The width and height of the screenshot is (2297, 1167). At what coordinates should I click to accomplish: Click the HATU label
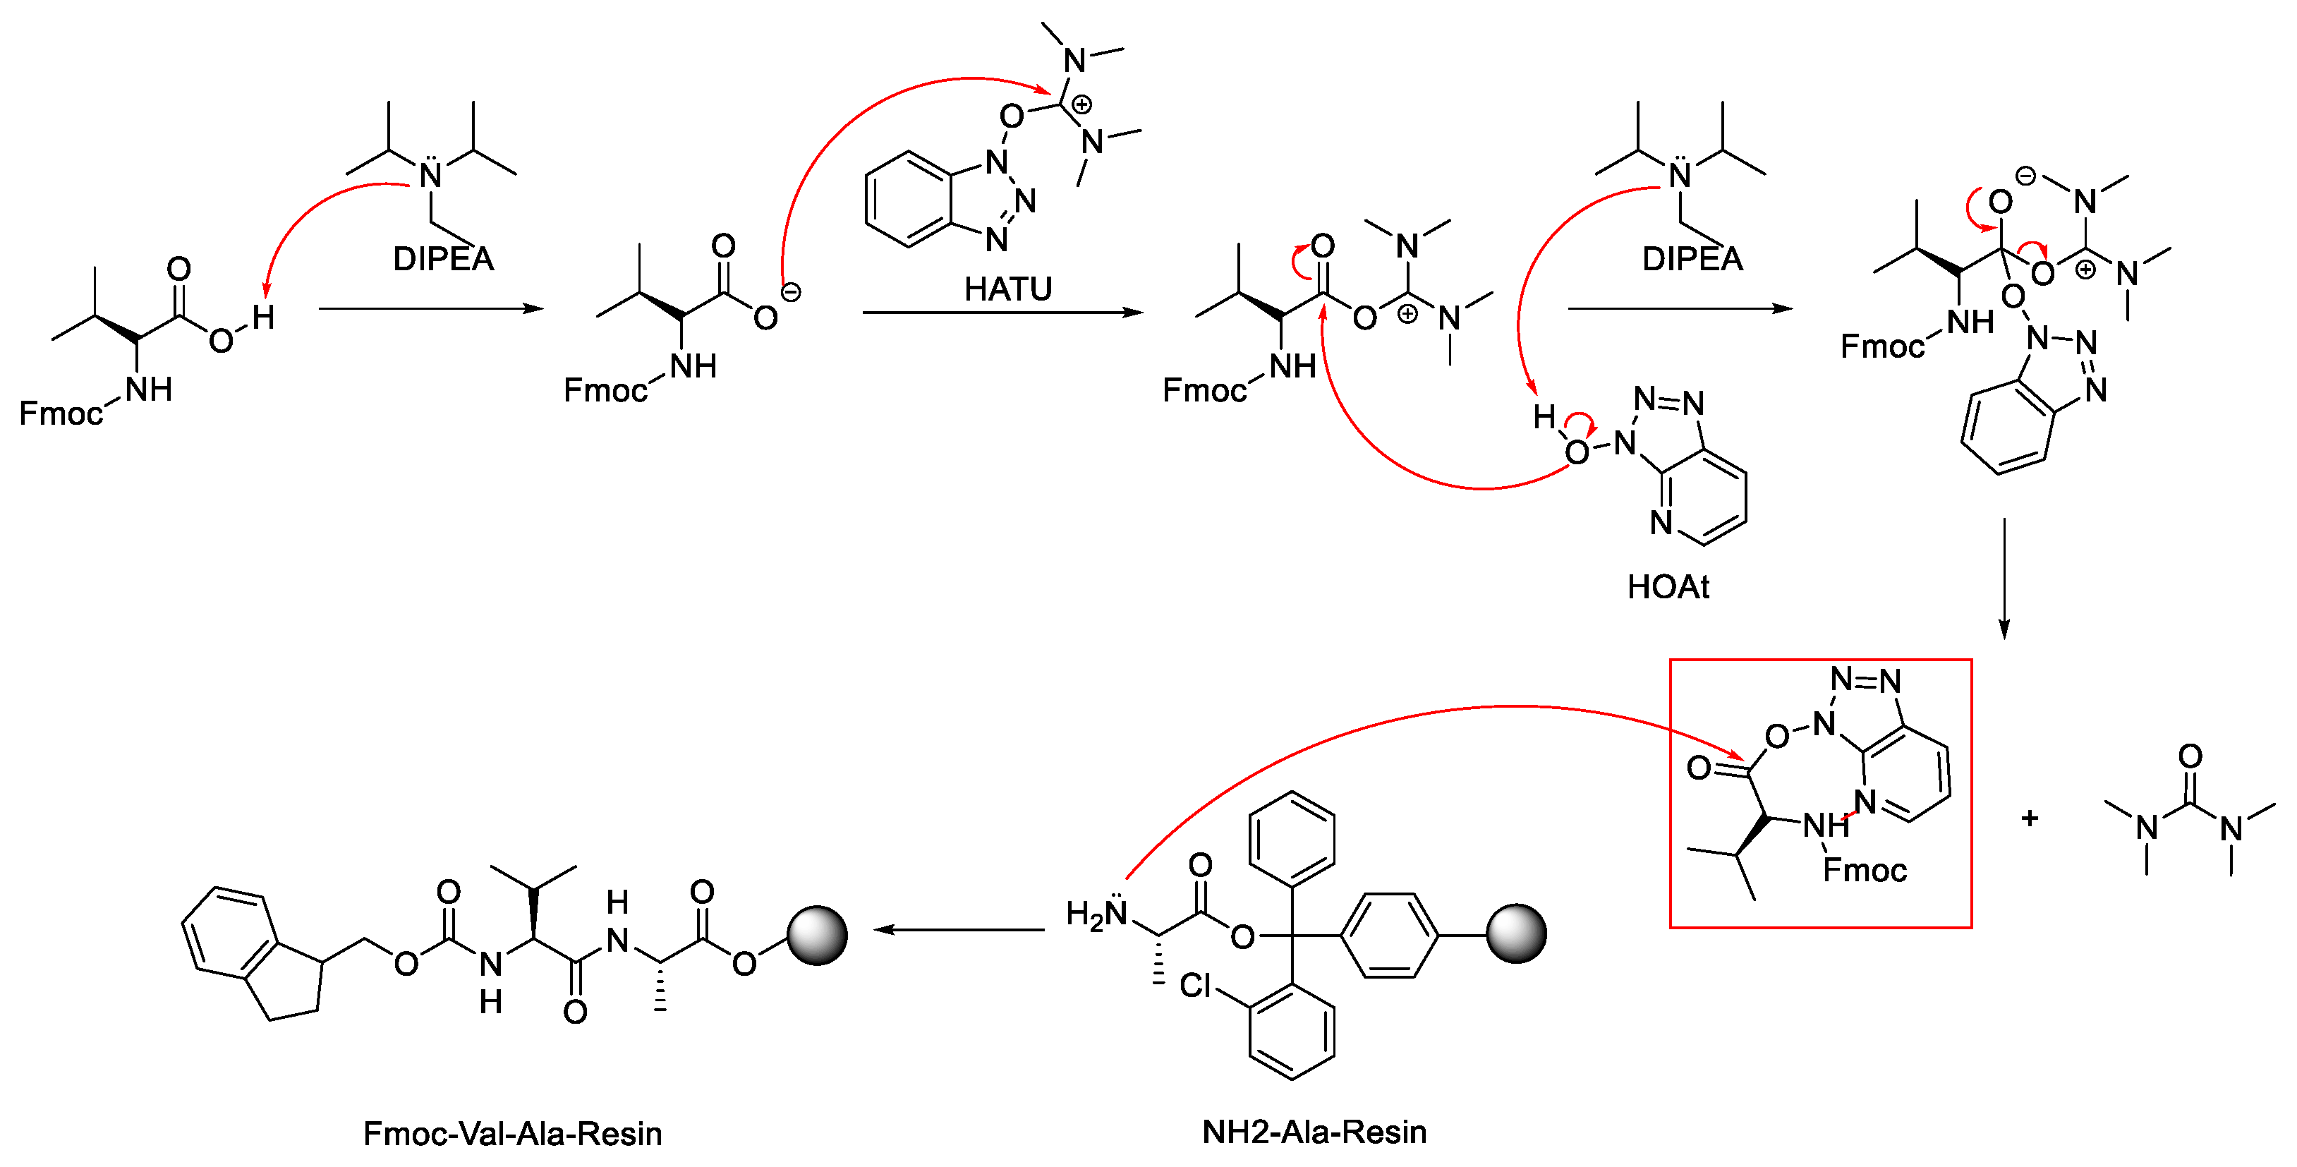[x=1007, y=289]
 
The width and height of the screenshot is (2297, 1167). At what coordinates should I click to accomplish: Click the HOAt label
[x=1668, y=586]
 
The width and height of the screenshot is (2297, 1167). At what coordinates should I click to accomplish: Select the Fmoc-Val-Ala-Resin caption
[x=512, y=1134]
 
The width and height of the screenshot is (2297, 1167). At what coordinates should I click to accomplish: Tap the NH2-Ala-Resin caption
[x=1314, y=1132]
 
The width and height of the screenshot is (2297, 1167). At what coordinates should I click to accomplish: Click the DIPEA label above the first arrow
[x=443, y=260]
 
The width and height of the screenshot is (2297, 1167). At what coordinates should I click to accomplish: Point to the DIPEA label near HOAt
[x=1692, y=260]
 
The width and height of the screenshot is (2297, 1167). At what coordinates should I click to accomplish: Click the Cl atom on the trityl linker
[x=1195, y=986]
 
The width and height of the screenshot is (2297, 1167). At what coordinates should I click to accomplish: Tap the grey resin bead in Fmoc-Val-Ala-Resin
[x=817, y=935]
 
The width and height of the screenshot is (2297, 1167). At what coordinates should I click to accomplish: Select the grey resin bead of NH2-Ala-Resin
[x=1516, y=934]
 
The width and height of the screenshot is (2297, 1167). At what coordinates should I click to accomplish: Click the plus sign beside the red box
[x=2030, y=818]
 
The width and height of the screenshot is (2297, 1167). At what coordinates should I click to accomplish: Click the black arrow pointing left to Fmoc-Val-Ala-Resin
[x=959, y=930]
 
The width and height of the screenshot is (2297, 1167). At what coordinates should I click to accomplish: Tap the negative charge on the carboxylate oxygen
[x=791, y=291]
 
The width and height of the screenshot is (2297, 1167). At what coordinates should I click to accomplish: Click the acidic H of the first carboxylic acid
[x=262, y=318]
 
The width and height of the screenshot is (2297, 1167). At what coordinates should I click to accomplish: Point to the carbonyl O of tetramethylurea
[x=2190, y=756]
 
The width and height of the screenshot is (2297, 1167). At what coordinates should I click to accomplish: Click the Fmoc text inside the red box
[x=1865, y=870]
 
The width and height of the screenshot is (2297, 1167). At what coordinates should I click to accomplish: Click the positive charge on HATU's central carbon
[x=1081, y=104]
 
